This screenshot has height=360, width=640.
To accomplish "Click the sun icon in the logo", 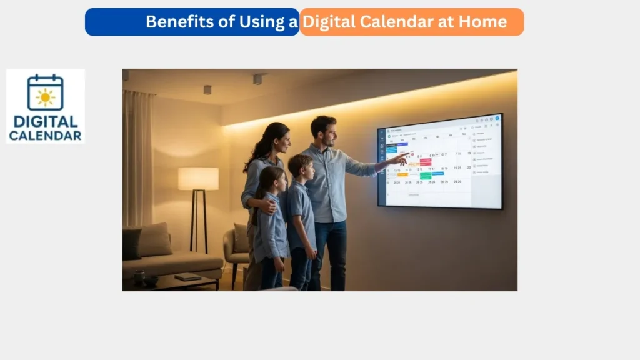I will point(45,97).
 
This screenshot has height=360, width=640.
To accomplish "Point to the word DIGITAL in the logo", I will point(45,121).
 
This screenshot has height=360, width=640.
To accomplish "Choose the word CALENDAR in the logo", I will point(45,135).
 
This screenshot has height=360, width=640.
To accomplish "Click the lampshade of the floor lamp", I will point(198,179).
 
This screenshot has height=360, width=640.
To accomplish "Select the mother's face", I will point(281,141).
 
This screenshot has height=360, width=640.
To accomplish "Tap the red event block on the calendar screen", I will point(425,161).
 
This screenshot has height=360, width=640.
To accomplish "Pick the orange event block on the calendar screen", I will point(402,174).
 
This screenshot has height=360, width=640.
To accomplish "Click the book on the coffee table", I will point(187,276).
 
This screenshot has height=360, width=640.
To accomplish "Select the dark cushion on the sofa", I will point(132,244).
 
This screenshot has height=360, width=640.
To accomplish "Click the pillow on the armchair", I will point(241,237).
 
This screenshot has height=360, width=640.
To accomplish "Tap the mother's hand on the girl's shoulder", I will point(267,205).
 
